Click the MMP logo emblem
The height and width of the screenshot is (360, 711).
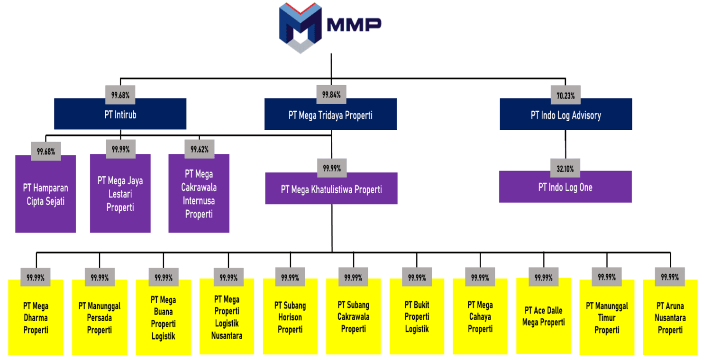(300, 27)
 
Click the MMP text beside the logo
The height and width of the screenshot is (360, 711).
(354, 25)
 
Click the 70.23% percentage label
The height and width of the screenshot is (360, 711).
(565, 95)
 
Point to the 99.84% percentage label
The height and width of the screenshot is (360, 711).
(331, 94)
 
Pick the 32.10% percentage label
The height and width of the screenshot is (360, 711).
(565, 168)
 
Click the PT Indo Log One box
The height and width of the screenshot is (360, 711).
(565, 188)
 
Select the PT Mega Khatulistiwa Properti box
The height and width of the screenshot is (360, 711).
(331, 189)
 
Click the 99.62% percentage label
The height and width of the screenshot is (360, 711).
(199, 149)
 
